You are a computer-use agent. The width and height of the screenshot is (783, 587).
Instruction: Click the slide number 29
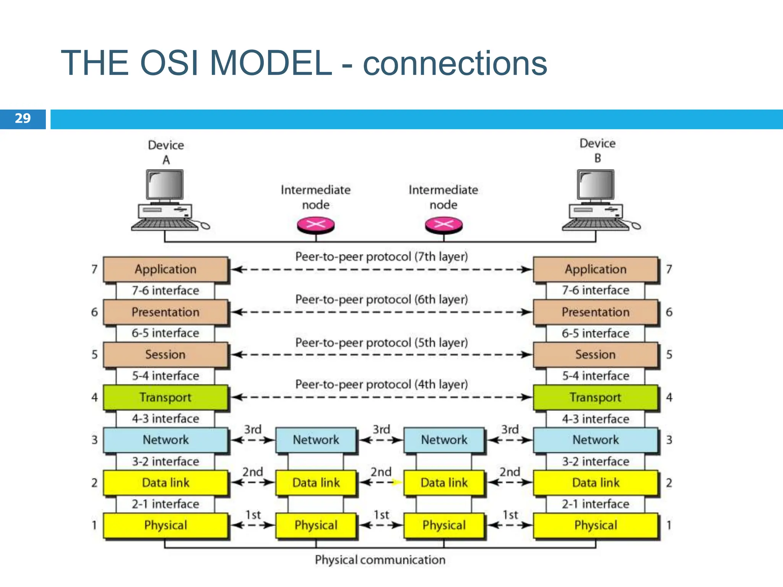click(x=23, y=118)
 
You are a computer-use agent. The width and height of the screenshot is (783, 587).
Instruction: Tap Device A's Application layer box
click(x=166, y=269)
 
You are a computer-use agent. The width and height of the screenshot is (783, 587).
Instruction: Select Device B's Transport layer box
click(x=595, y=397)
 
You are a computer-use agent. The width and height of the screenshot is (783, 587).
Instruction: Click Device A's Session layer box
click(x=166, y=355)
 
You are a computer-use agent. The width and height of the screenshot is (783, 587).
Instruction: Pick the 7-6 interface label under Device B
click(x=595, y=290)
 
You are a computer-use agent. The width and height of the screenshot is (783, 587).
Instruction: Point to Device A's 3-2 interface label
click(x=166, y=462)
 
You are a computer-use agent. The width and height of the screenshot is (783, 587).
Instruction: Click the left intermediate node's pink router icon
click(x=316, y=225)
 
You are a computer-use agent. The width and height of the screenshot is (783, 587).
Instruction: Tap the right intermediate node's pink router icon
click(x=443, y=225)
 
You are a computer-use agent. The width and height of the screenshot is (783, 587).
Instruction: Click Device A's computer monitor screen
click(x=165, y=185)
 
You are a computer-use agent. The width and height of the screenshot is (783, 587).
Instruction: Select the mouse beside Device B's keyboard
click(x=635, y=226)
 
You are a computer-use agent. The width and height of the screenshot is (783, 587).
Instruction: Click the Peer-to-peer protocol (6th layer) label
click(x=382, y=300)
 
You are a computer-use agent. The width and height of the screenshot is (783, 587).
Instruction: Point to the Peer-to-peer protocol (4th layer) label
click(x=382, y=384)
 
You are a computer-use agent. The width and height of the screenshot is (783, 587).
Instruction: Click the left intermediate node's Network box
click(x=316, y=440)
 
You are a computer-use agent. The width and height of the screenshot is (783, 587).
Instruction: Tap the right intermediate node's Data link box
click(x=444, y=483)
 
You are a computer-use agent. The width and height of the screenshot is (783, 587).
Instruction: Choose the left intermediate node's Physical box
click(x=316, y=525)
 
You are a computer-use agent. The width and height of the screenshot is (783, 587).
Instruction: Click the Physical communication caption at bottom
click(x=380, y=560)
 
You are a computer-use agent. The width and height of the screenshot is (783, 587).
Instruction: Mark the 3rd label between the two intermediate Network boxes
click(x=381, y=430)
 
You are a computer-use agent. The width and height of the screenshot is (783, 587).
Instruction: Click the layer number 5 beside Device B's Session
click(x=669, y=355)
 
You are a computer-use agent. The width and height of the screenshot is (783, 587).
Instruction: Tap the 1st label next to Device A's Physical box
click(x=253, y=515)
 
